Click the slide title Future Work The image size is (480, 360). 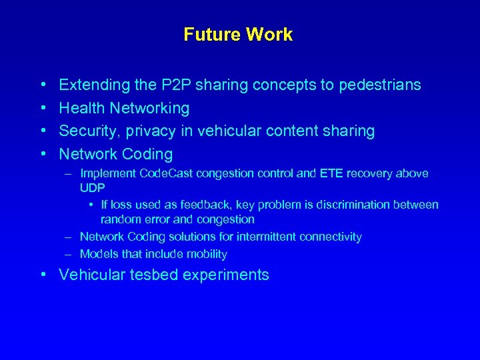[x=238, y=35]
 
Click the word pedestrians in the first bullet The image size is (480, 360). [x=380, y=85]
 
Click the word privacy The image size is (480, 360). [x=149, y=131]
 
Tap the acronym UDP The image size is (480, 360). [x=92, y=189]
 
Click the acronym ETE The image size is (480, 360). [x=331, y=174]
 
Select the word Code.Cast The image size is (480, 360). [x=167, y=174]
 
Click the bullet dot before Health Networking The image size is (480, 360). [x=43, y=108]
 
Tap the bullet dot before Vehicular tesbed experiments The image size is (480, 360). [x=43, y=275]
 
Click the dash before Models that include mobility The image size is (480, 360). [x=69, y=254]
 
